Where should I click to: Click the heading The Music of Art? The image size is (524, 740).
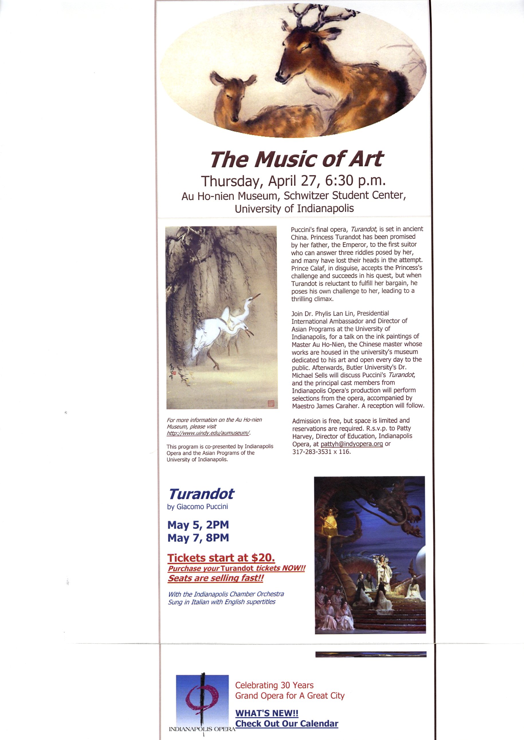click(297, 159)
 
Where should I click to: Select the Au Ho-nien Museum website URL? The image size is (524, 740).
click(209, 433)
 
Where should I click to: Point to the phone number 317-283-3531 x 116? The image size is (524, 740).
click(321, 451)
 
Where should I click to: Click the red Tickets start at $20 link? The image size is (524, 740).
click(221, 558)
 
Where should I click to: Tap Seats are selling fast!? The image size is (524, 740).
click(215, 578)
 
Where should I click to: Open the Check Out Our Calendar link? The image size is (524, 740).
click(287, 724)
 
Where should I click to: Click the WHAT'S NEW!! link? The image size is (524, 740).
click(267, 713)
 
